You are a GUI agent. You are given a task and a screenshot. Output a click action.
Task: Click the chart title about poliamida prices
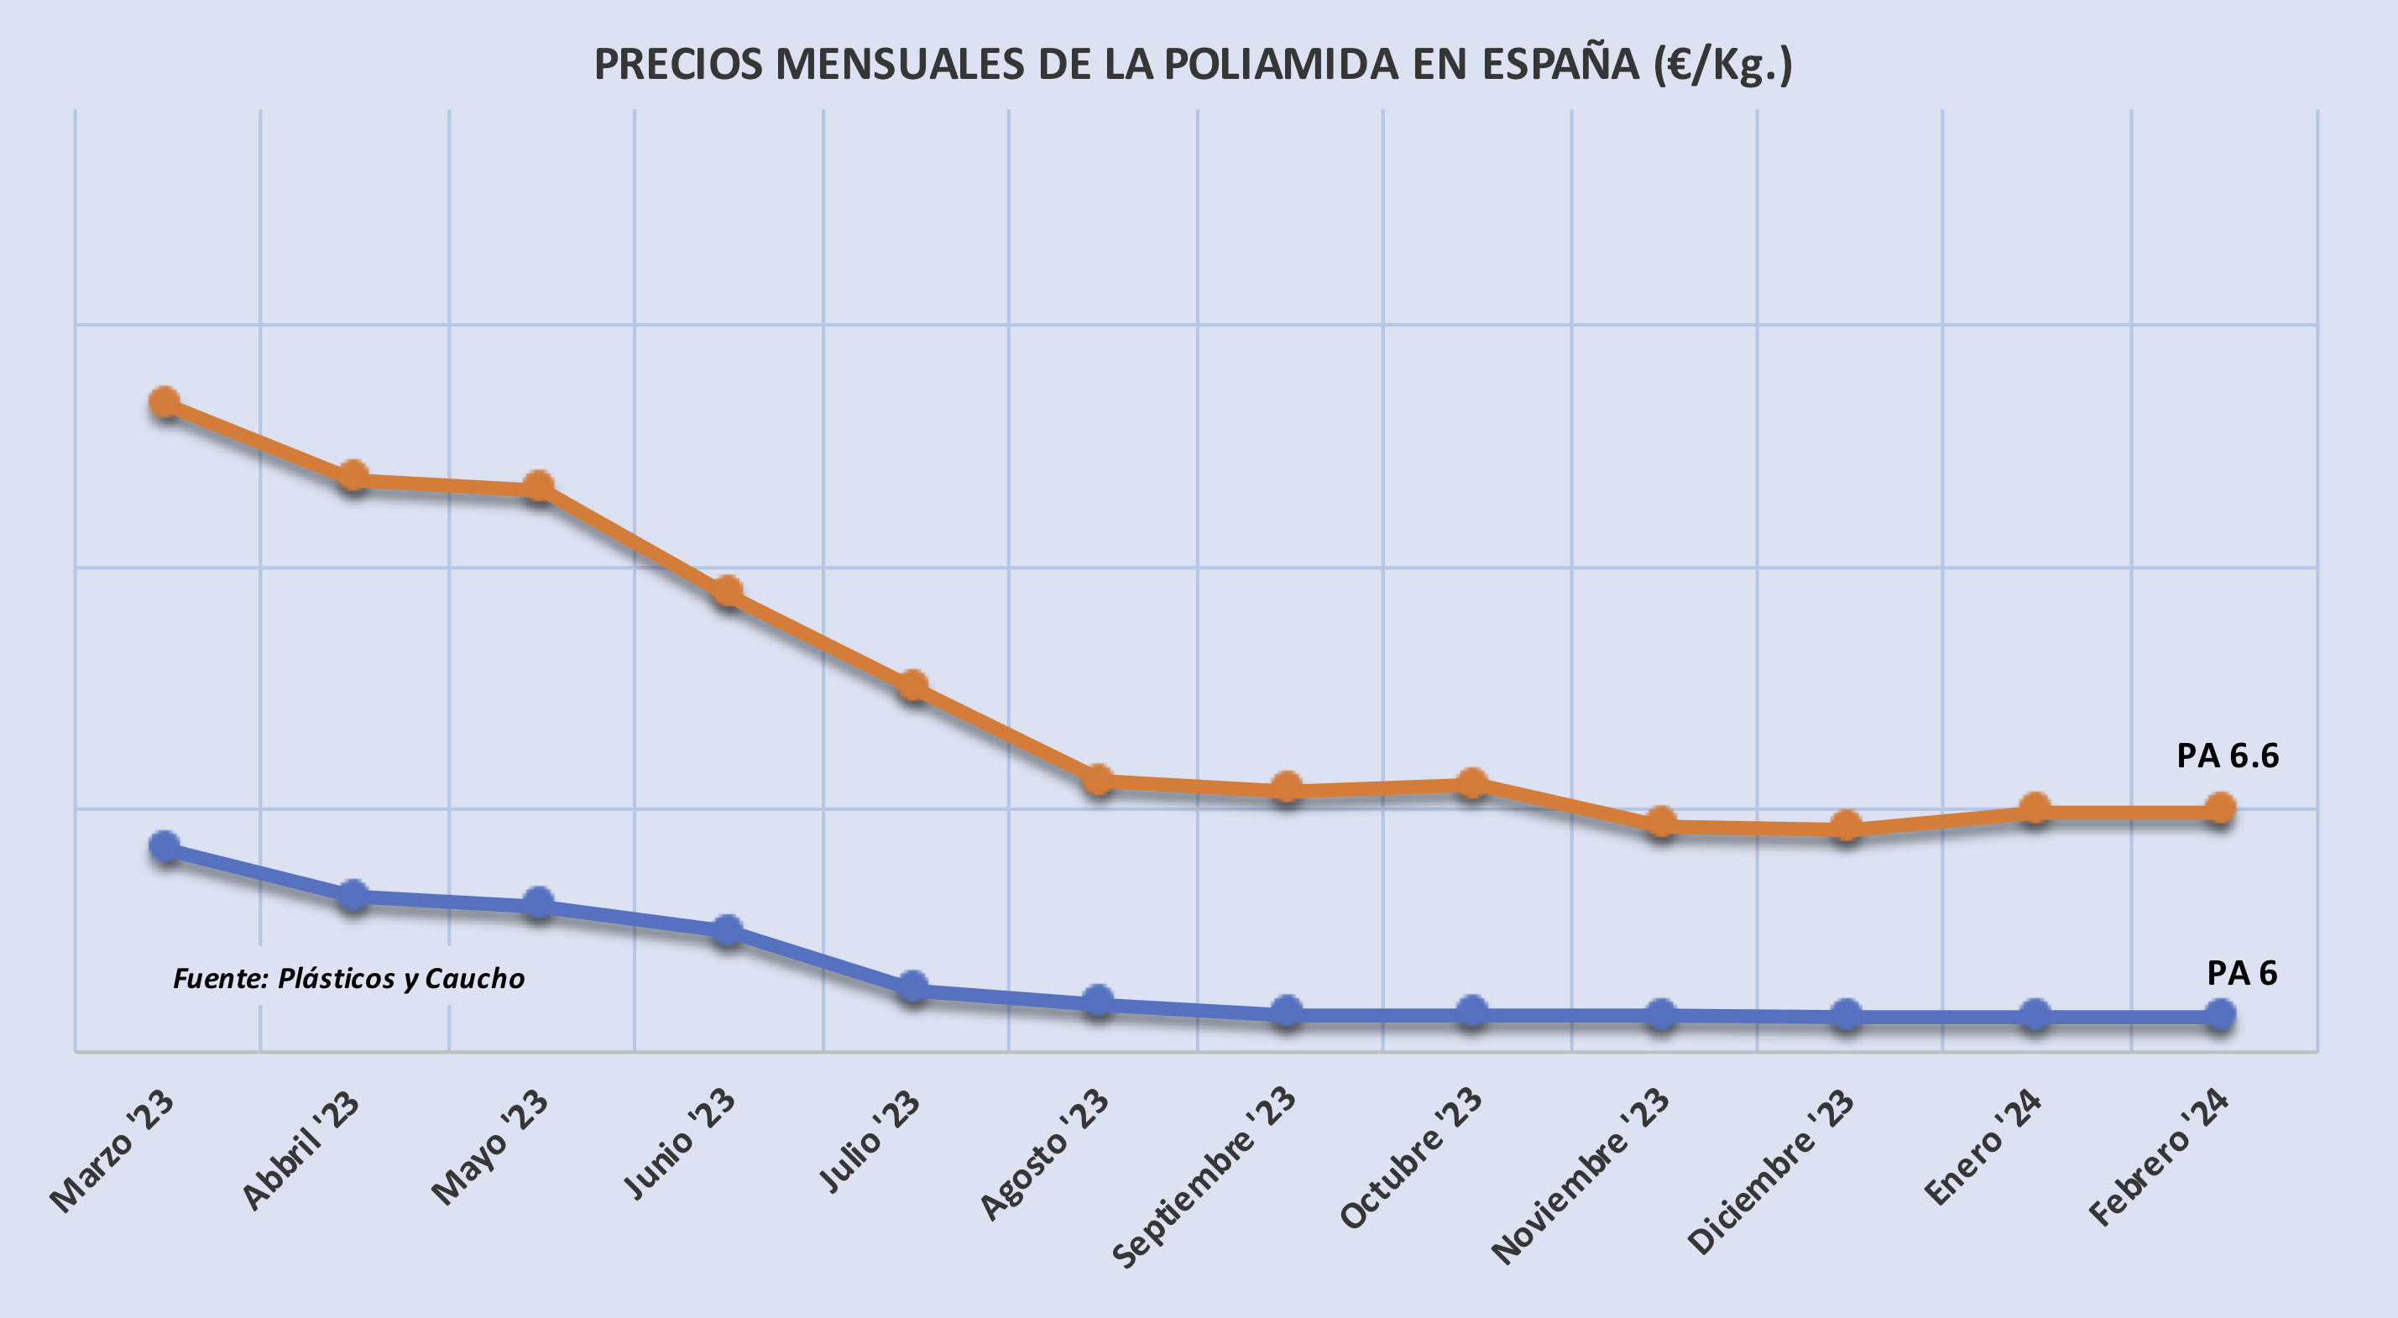[1193, 65]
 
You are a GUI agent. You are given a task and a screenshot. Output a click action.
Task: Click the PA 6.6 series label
[2227, 756]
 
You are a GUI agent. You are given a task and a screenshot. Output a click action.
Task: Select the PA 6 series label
[2242, 974]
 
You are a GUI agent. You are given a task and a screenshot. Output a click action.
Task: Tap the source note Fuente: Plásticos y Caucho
[349, 978]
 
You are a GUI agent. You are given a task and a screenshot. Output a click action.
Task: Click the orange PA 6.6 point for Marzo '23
[165, 403]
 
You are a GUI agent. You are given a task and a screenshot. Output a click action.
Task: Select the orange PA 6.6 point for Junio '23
[727, 591]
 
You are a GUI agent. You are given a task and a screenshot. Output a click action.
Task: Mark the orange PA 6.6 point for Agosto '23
[1100, 779]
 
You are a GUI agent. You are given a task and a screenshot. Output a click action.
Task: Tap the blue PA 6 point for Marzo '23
[165, 847]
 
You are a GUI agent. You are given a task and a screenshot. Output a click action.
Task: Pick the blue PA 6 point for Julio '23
[913, 986]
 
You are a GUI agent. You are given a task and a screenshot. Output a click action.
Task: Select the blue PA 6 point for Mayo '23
[538, 902]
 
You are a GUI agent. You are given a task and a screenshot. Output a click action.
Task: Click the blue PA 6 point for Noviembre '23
[1662, 1013]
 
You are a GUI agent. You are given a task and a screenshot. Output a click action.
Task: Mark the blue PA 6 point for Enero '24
[2035, 1015]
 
